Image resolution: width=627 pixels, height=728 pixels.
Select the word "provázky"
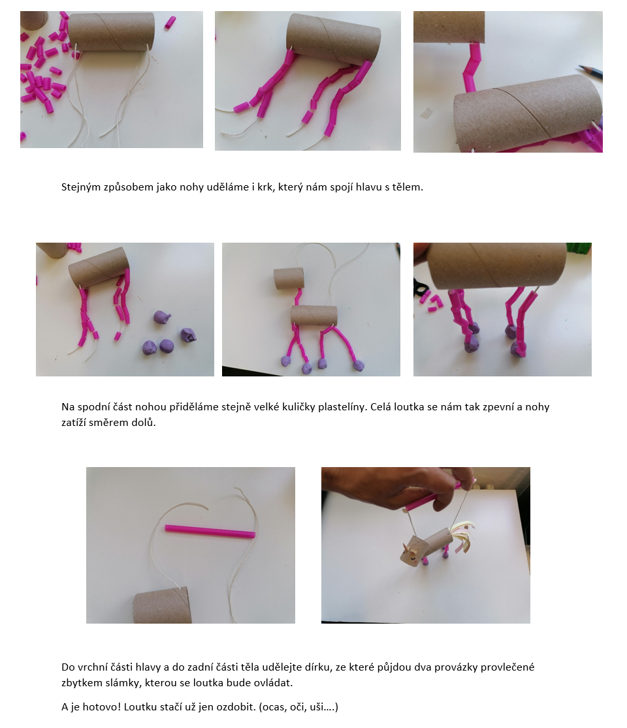457,667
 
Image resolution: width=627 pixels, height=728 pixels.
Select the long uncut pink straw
210,532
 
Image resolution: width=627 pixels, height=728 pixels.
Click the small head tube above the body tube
289,278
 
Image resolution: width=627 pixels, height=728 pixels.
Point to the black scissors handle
420,289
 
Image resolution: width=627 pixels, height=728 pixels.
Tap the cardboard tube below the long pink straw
163,605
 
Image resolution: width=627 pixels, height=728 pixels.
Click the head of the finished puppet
411,553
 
